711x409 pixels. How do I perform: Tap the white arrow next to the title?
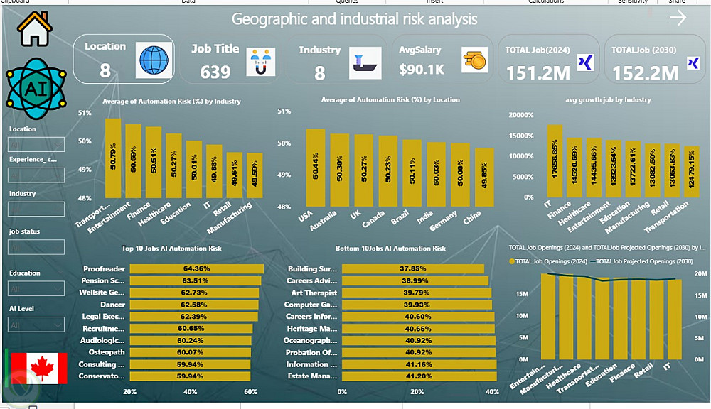coord(678,18)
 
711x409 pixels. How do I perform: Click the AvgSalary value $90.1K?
coord(421,70)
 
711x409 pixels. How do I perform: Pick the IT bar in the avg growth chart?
coord(555,160)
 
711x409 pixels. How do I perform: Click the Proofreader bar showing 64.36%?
coord(196,269)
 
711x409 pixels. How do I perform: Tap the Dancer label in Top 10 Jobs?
coord(113,305)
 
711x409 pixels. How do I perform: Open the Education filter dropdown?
coord(36,288)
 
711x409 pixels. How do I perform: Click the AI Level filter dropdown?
coord(36,325)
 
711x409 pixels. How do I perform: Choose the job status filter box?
coord(36,247)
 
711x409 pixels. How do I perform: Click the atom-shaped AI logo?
coord(33,87)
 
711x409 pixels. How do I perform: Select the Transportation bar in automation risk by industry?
coord(112,158)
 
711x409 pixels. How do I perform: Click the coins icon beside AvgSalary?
coord(474,60)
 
